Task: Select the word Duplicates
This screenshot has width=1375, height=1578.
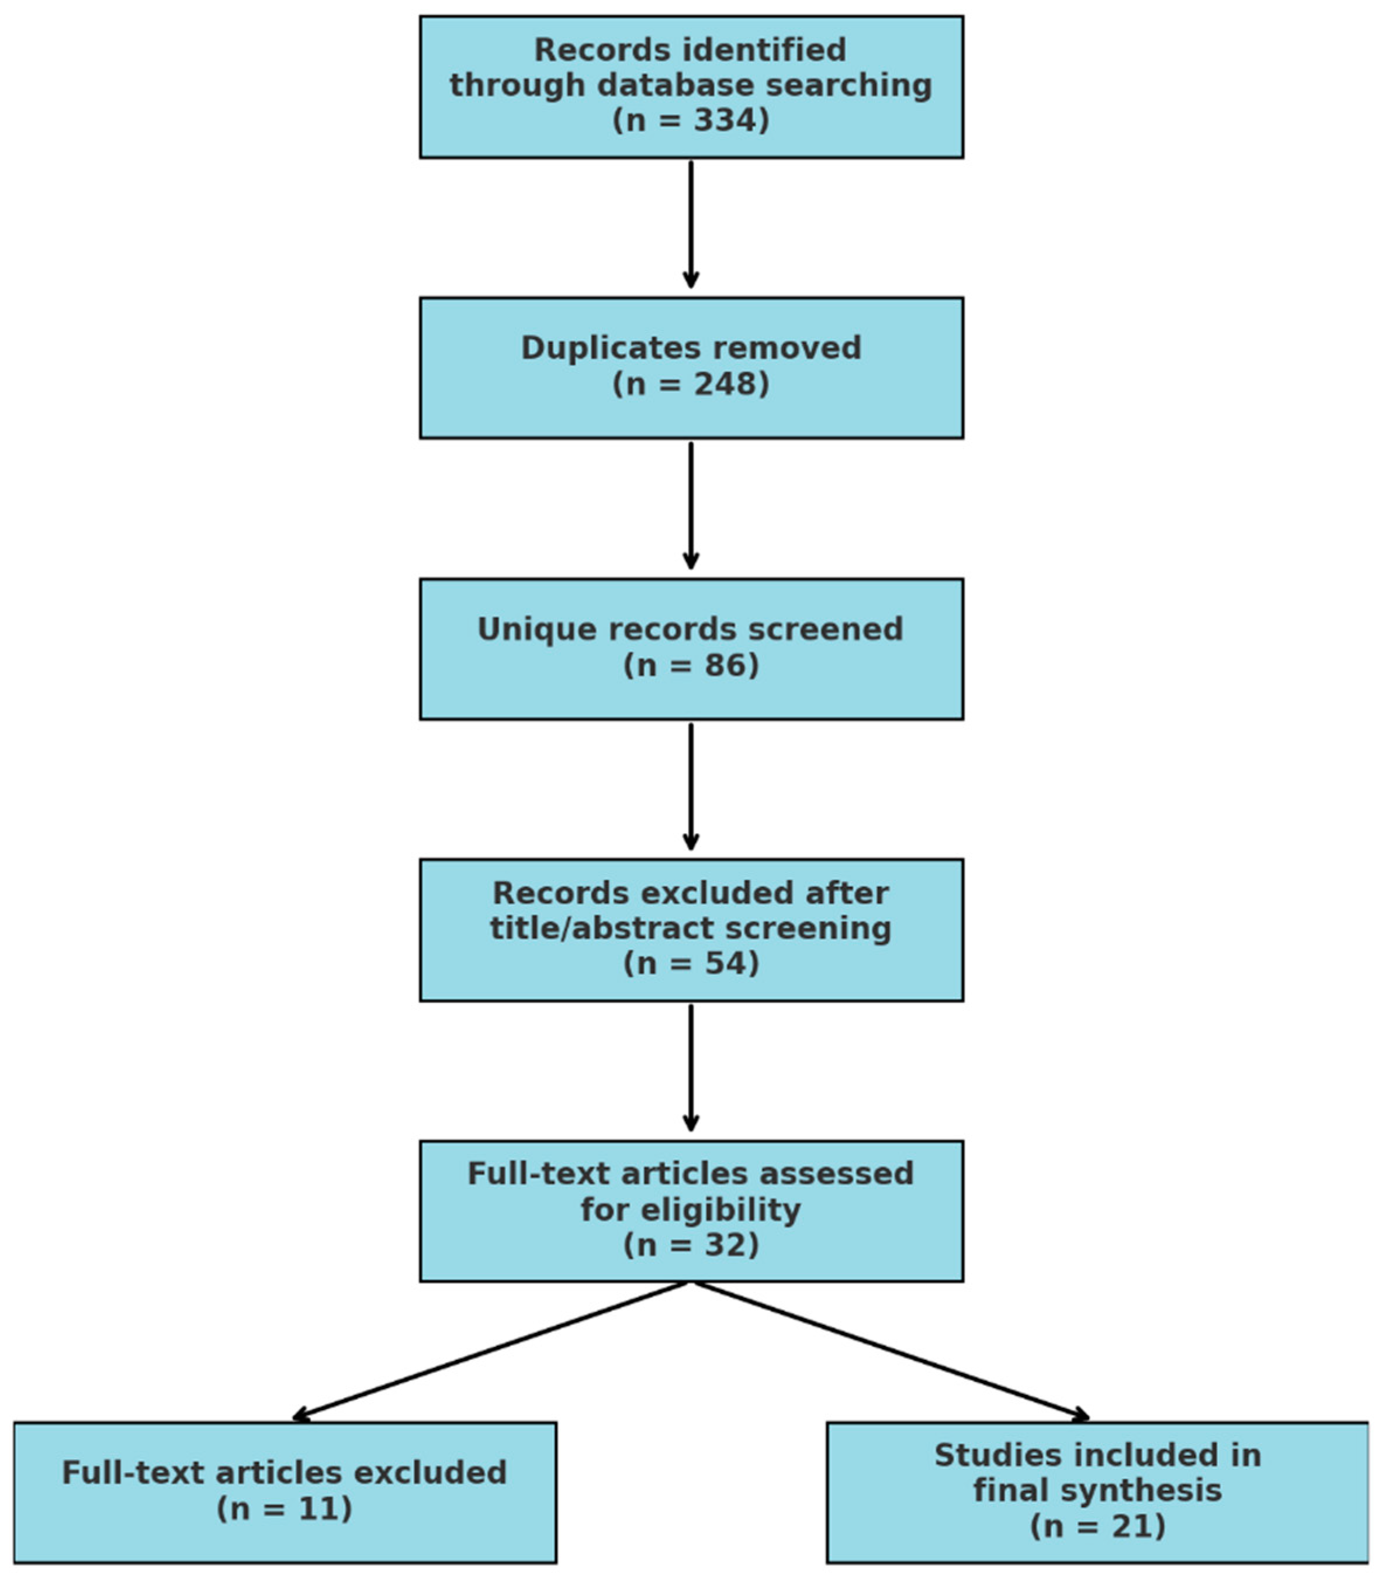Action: click(586, 348)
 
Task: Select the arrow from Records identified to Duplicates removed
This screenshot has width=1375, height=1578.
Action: click(691, 226)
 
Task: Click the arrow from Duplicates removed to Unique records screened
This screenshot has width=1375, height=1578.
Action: click(691, 506)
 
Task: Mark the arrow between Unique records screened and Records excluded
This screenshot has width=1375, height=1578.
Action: click(691, 788)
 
